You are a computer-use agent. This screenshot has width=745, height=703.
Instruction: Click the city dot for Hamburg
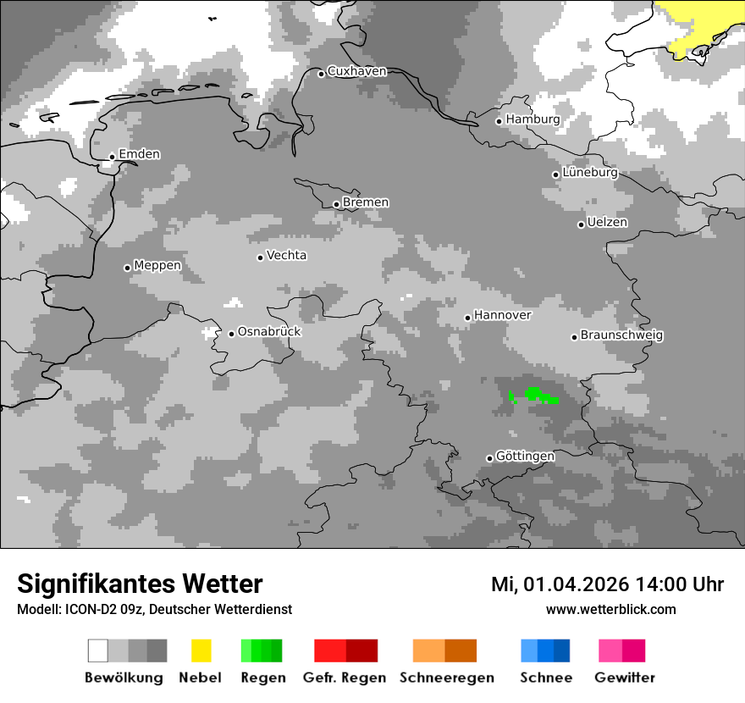(499, 121)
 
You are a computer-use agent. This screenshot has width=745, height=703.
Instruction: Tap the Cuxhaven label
(356, 72)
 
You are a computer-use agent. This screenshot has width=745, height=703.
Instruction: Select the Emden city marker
(112, 157)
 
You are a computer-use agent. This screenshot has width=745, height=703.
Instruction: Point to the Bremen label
(366, 202)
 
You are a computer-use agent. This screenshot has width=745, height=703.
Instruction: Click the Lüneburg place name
(590, 173)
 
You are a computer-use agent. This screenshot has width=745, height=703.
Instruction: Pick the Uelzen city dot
(581, 224)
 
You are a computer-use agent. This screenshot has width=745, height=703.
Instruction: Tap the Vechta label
(287, 256)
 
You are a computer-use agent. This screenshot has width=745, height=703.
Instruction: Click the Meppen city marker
(127, 268)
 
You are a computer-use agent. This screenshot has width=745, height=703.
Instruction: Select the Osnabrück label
(269, 332)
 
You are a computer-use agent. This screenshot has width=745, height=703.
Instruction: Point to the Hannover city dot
(467, 318)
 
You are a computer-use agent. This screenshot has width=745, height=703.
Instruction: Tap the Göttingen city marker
(489, 458)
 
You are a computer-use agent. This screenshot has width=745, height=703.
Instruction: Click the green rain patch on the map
(534, 395)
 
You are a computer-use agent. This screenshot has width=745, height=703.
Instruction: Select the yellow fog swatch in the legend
(201, 650)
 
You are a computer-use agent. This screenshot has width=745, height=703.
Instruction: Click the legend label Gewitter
(624, 678)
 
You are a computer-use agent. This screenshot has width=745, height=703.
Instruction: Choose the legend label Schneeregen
(446, 678)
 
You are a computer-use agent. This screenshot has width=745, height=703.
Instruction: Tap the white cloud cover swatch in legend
(98, 650)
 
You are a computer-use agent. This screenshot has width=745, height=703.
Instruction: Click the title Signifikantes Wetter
(140, 584)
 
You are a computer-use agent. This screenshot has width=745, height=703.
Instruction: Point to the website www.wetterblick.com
(610, 610)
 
